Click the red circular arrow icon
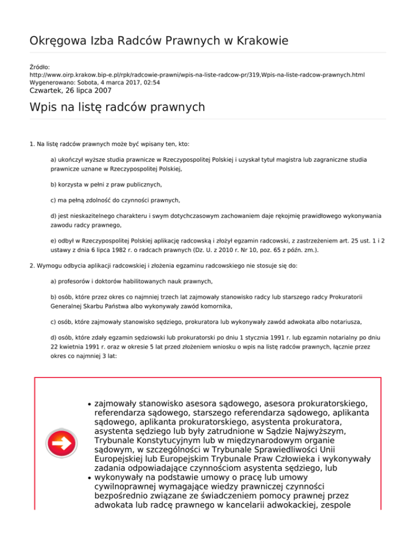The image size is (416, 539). tap(61, 444)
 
